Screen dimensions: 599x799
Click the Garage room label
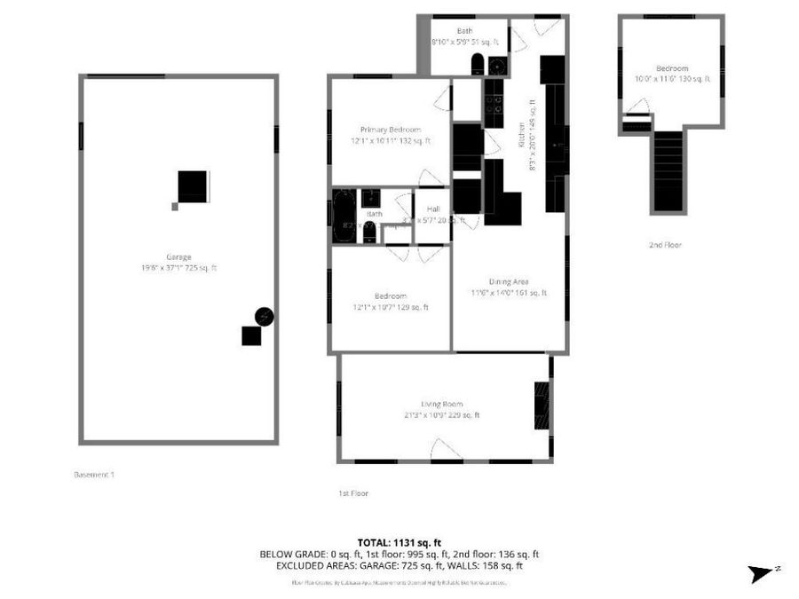pyautogui.click(x=178, y=257)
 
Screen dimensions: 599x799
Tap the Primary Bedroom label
pyautogui.click(x=391, y=130)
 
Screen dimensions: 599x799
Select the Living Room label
pyautogui.click(x=441, y=404)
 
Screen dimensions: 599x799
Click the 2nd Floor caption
pyautogui.click(x=665, y=244)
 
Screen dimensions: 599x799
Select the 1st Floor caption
pyautogui.click(x=353, y=493)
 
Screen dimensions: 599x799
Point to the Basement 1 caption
pyautogui.click(x=93, y=475)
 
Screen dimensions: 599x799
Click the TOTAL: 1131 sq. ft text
pyautogui.click(x=399, y=541)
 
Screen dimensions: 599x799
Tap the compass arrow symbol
pyautogui.click(x=762, y=573)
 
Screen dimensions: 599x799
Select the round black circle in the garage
pyautogui.click(x=264, y=316)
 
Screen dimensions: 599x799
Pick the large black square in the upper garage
pyautogui.click(x=193, y=186)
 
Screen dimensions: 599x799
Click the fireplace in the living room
pyautogui.click(x=541, y=406)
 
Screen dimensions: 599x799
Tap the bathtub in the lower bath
pyautogui.click(x=343, y=214)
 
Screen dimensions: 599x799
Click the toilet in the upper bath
pyautogui.click(x=478, y=64)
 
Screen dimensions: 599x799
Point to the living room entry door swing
pyautogui.click(x=445, y=450)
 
